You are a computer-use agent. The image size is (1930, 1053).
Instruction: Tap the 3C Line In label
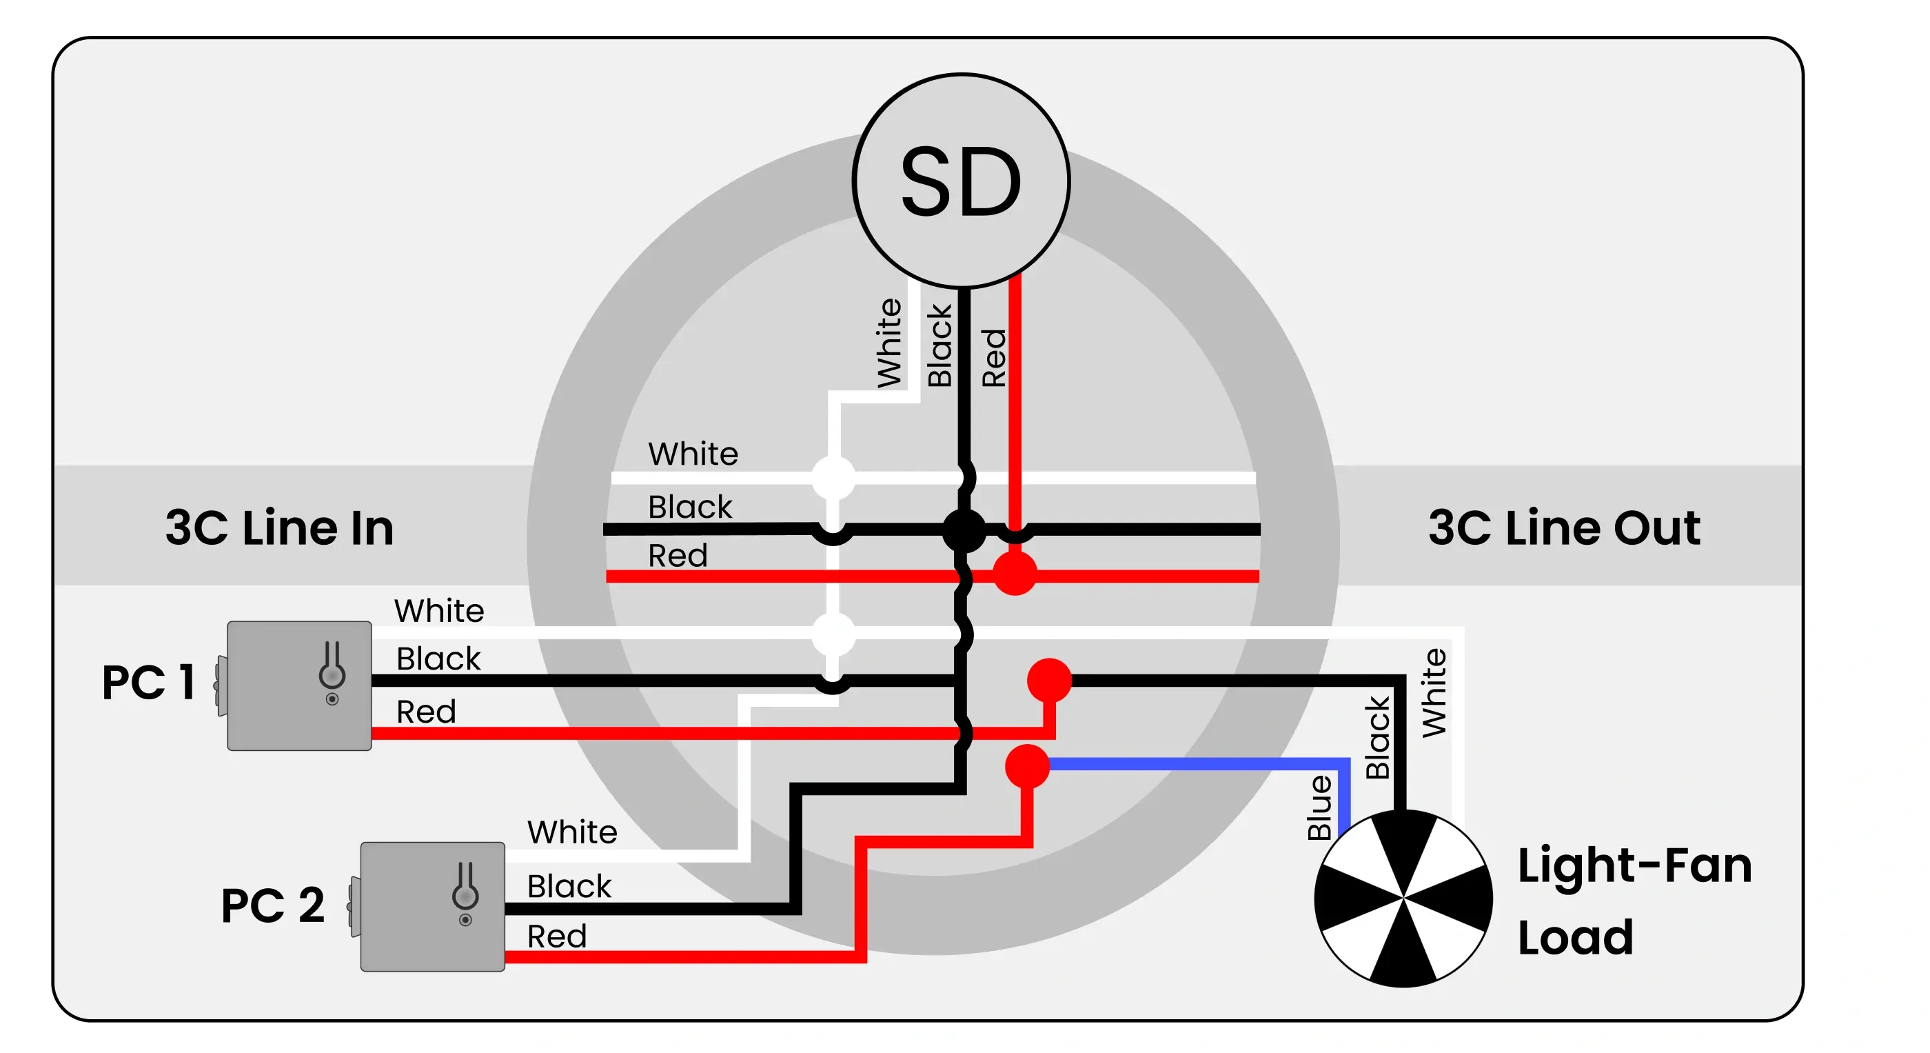click(278, 528)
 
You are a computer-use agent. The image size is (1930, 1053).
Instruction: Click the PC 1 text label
click(148, 682)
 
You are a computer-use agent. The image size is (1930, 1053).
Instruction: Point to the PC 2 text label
click(273, 905)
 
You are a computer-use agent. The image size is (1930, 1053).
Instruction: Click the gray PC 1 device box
click(299, 685)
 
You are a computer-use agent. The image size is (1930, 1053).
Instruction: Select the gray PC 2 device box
click(432, 906)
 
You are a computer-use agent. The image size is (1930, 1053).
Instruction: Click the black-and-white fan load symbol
click(1403, 898)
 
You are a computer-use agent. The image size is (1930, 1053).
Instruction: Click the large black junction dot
click(964, 530)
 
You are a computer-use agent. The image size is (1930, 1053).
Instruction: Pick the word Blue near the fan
click(1319, 808)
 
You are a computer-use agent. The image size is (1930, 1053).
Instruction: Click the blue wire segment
click(1199, 763)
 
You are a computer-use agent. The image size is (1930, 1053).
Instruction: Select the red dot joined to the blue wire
click(1026, 765)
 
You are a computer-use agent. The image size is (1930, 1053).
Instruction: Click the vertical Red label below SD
click(994, 359)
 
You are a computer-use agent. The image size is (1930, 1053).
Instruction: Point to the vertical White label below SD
click(889, 343)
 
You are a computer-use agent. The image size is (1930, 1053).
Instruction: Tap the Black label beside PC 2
click(569, 886)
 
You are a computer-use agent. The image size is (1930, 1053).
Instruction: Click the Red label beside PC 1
click(425, 711)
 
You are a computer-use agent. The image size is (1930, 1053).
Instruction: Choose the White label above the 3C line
click(693, 454)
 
